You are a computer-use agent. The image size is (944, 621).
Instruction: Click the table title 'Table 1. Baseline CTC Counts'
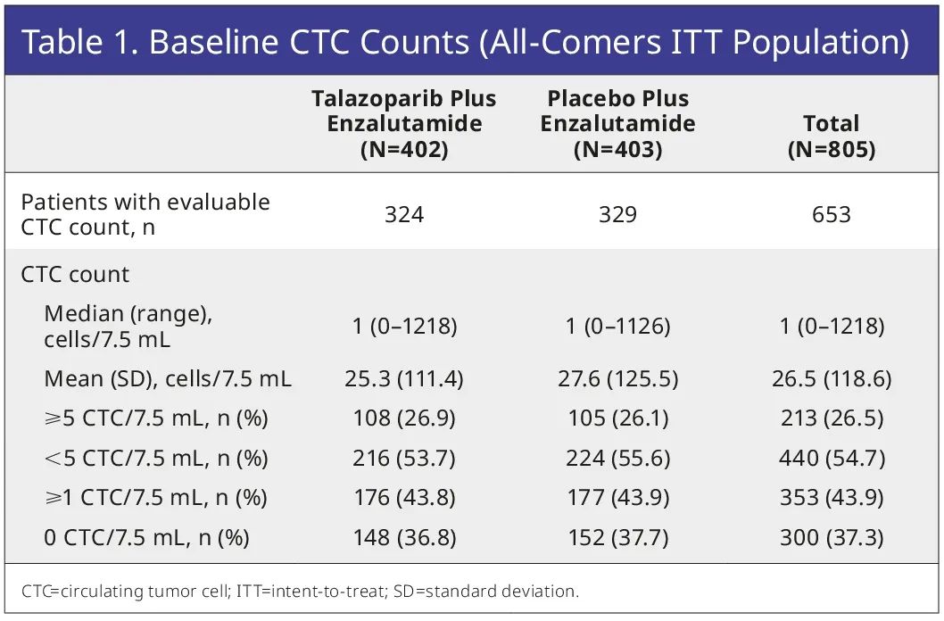click(x=464, y=43)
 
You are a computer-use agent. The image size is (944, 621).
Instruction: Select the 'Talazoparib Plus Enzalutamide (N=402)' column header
click(x=403, y=124)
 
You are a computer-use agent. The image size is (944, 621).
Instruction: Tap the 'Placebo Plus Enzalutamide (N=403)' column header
click(x=617, y=124)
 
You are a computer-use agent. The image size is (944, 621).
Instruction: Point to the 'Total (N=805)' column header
click(x=831, y=137)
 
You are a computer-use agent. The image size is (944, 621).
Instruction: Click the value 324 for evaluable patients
click(x=403, y=215)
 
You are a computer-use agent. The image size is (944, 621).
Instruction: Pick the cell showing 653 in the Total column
click(x=831, y=215)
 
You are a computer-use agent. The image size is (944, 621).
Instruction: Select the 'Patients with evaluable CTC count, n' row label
click(x=145, y=214)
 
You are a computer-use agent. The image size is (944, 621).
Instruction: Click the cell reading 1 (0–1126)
click(x=617, y=327)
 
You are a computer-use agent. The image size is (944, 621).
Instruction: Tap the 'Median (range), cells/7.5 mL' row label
click(x=128, y=327)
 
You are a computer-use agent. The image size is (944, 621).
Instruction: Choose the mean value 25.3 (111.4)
click(x=403, y=379)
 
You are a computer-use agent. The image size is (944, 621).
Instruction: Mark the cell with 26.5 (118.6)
click(x=831, y=379)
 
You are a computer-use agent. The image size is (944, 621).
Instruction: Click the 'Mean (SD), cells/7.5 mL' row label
click(x=168, y=379)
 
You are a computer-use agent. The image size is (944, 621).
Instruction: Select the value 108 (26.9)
click(x=403, y=418)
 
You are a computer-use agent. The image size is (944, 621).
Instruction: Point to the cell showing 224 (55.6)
click(x=617, y=459)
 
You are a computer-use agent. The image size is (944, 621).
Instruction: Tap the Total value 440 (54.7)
click(x=831, y=459)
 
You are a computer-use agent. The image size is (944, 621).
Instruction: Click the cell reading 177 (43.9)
click(x=617, y=498)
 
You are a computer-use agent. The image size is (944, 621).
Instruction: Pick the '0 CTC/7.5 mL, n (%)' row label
click(x=146, y=538)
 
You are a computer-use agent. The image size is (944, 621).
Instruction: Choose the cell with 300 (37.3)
click(x=831, y=538)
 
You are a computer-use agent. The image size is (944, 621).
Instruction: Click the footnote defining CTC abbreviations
click(x=300, y=591)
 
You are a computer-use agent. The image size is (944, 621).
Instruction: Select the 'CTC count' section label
click(x=75, y=274)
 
